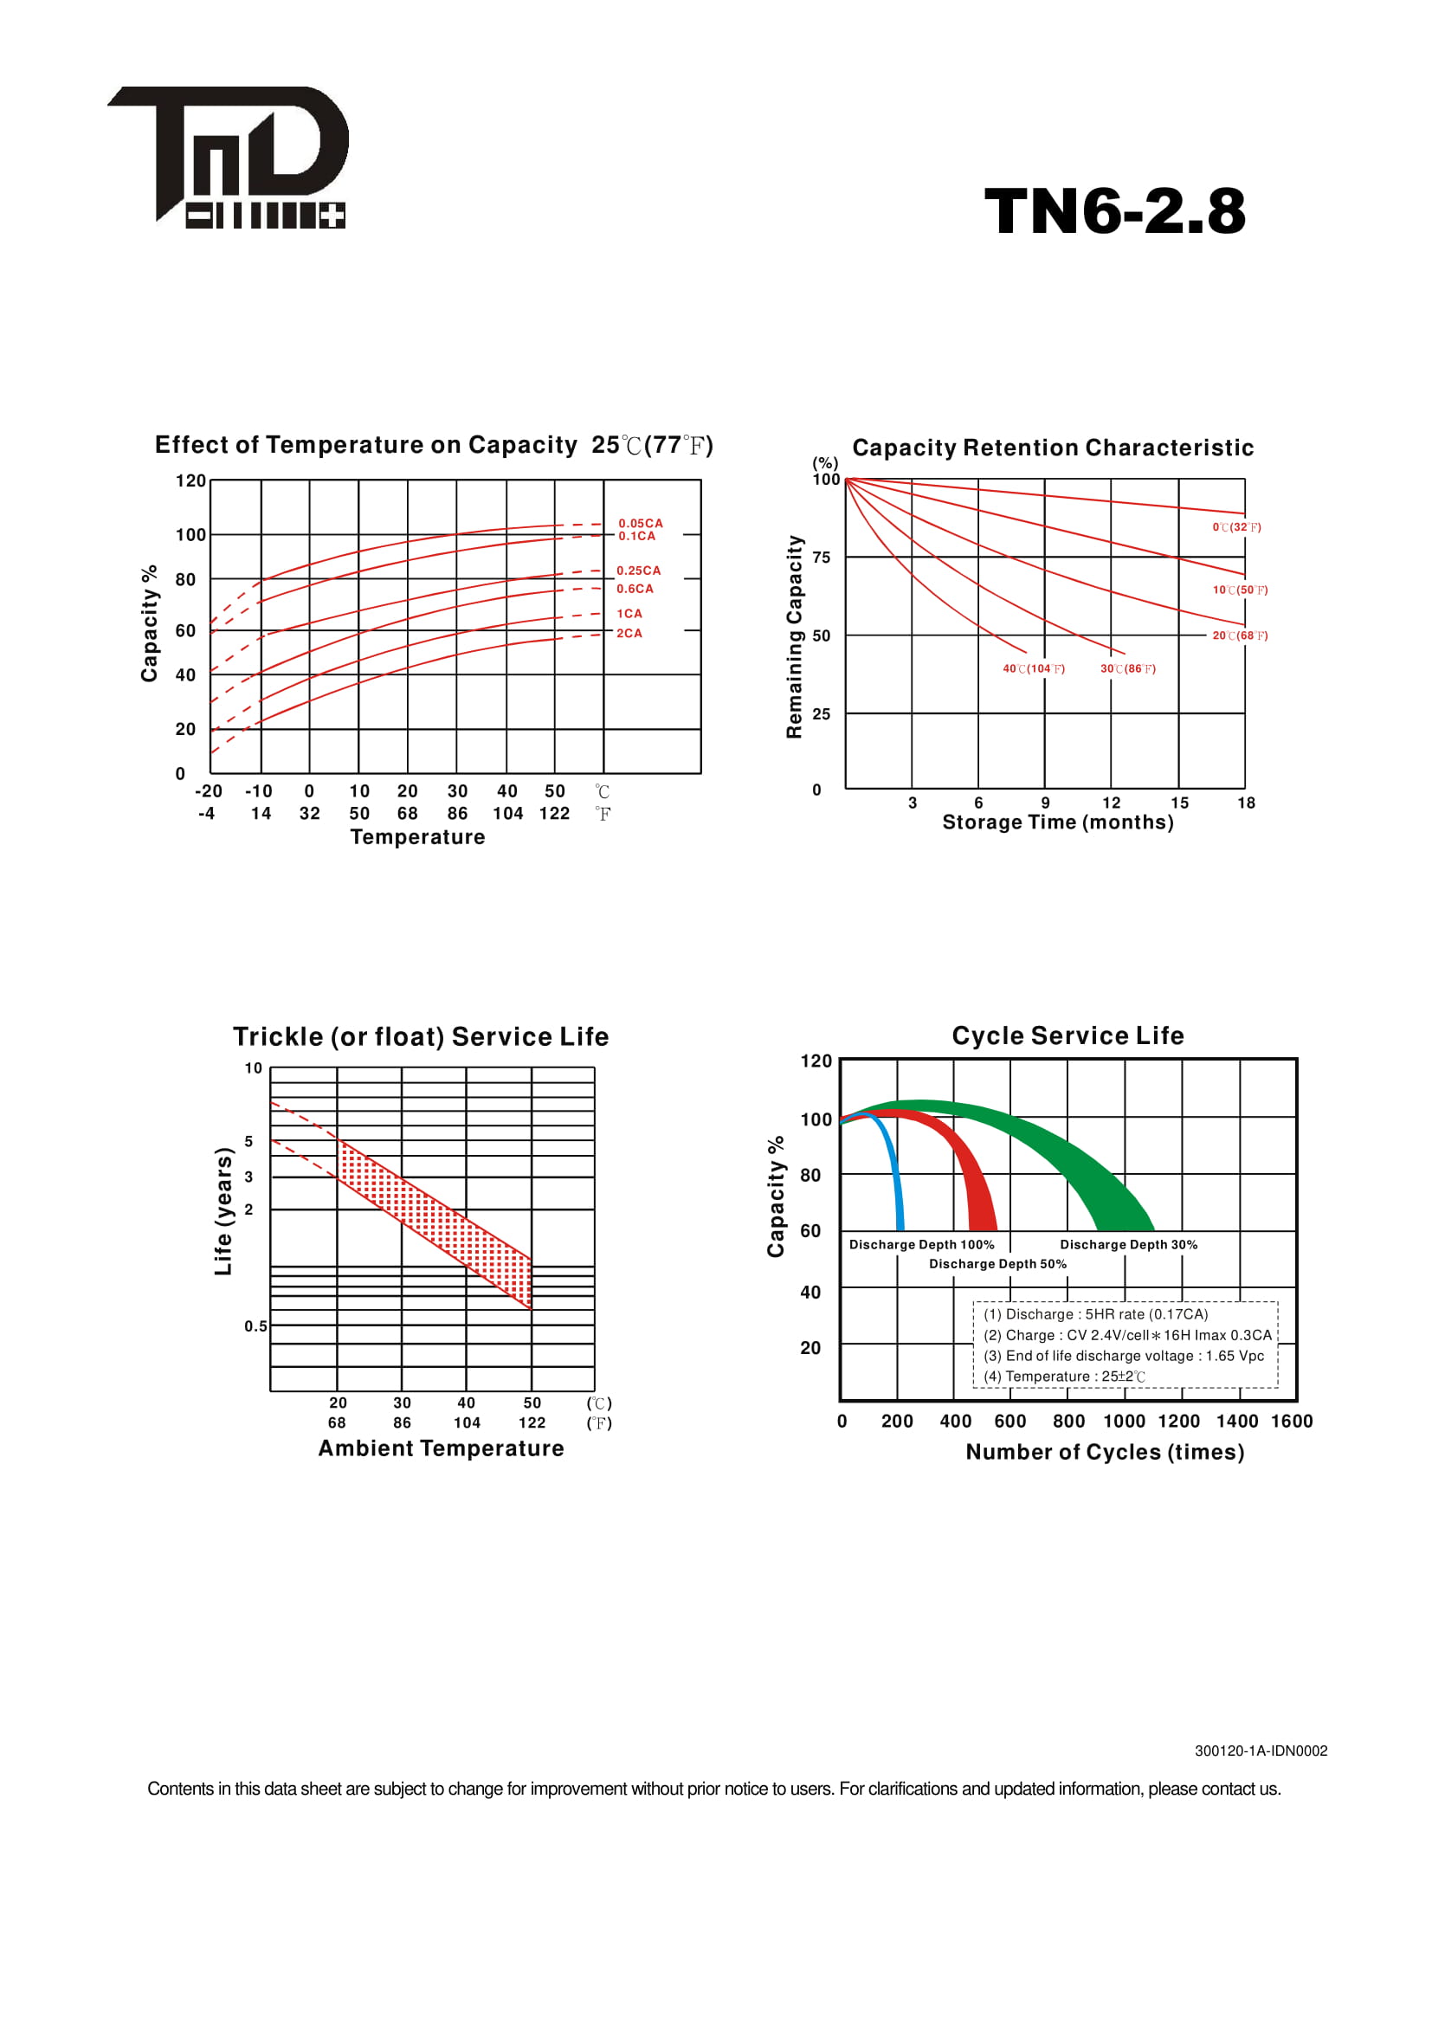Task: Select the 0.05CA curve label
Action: [640, 523]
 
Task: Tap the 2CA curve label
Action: [629, 633]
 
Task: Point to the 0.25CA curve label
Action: [638, 571]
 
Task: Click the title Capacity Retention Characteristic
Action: [1053, 448]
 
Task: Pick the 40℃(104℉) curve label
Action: [1034, 668]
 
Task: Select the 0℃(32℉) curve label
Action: [1236, 527]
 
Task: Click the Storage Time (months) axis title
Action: [1058, 822]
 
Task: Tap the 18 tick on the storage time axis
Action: [1246, 803]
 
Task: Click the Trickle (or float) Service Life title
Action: [421, 1036]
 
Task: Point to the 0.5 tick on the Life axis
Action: [255, 1325]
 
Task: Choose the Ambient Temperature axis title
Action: [441, 1448]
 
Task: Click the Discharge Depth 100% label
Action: [921, 1244]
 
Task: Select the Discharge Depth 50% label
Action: [997, 1264]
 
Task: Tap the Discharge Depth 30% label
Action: [1129, 1244]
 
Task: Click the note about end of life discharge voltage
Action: [1124, 1356]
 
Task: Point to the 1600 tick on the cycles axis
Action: [1292, 1421]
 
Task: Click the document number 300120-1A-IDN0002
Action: [1261, 1751]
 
